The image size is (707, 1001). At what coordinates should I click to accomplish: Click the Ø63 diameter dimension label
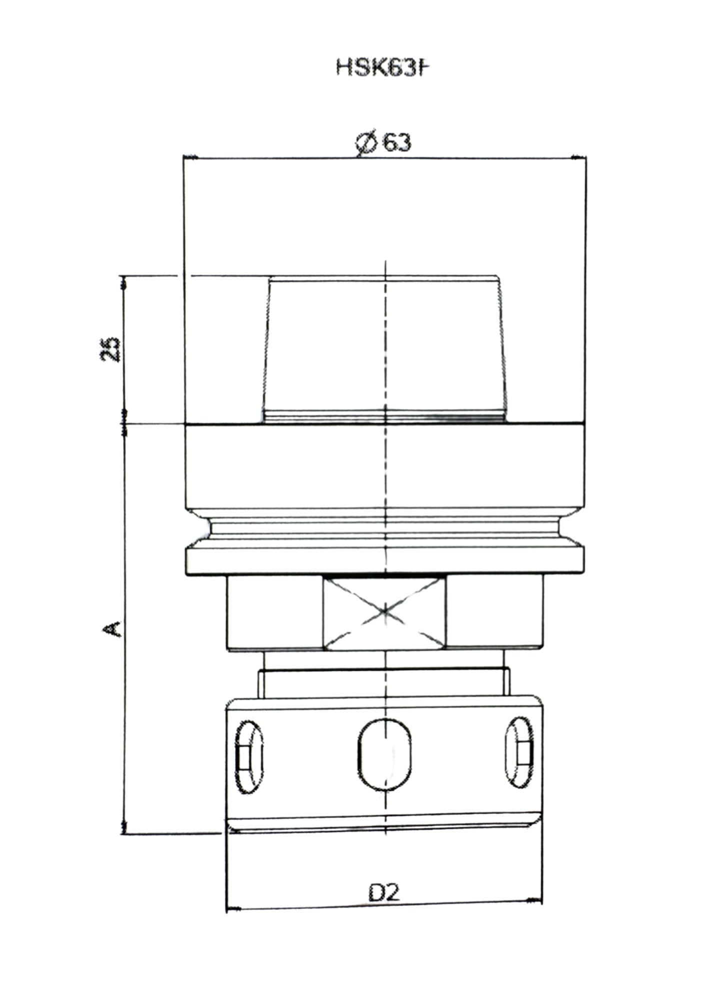(x=383, y=143)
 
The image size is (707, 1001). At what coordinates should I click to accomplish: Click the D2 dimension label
(x=384, y=892)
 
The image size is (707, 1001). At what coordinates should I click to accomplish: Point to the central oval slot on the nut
(x=384, y=754)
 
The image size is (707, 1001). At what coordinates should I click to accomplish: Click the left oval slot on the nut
(x=248, y=757)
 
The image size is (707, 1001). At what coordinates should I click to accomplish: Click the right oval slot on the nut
(x=519, y=752)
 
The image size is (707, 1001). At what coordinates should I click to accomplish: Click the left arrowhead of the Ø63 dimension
(x=191, y=158)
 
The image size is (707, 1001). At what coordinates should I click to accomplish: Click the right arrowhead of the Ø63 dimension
(x=579, y=158)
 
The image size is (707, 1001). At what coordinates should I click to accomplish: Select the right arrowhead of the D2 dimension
(x=535, y=901)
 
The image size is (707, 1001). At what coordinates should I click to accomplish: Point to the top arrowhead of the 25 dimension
(x=123, y=283)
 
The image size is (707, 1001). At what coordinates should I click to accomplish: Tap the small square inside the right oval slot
(x=523, y=753)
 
